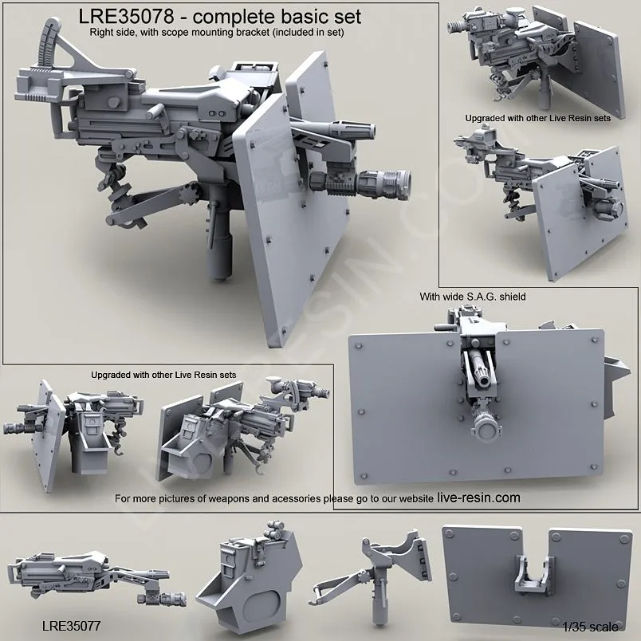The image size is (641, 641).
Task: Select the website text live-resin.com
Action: tap(478, 497)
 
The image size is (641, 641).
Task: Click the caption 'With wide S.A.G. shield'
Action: tap(473, 297)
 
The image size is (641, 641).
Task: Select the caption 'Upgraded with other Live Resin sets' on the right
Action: tap(537, 117)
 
